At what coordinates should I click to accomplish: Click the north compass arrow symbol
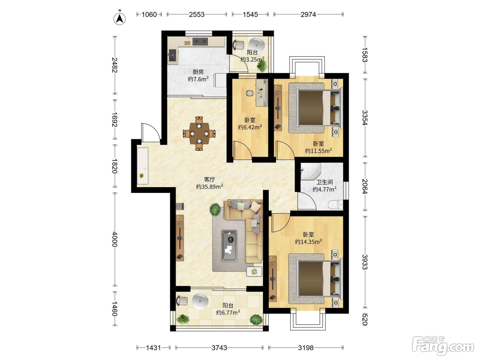click(x=119, y=19)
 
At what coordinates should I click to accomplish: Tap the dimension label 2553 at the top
click(x=196, y=14)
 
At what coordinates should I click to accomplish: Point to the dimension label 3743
click(x=219, y=348)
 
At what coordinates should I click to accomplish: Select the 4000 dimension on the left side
click(x=115, y=239)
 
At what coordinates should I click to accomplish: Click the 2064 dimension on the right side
click(x=364, y=186)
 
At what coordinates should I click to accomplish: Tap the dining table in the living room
click(x=199, y=133)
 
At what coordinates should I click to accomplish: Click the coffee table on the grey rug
click(x=229, y=246)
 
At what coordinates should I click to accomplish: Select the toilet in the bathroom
click(x=335, y=205)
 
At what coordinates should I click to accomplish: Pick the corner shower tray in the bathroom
click(x=310, y=171)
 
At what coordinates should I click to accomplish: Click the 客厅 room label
click(x=209, y=179)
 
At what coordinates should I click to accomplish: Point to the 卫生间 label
click(x=325, y=182)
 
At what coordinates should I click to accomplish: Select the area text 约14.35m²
click(x=308, y=241)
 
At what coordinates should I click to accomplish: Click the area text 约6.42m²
click(x=250, y=127)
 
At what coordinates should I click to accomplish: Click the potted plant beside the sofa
click(x=215, y=209)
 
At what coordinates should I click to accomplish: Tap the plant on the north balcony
click(x=262, y=65)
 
